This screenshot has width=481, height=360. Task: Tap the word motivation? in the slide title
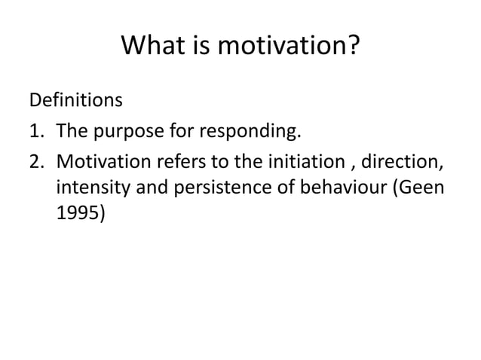pos(290,50)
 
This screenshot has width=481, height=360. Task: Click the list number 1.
pos(36,134)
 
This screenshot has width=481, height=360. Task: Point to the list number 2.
pos(36,162)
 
